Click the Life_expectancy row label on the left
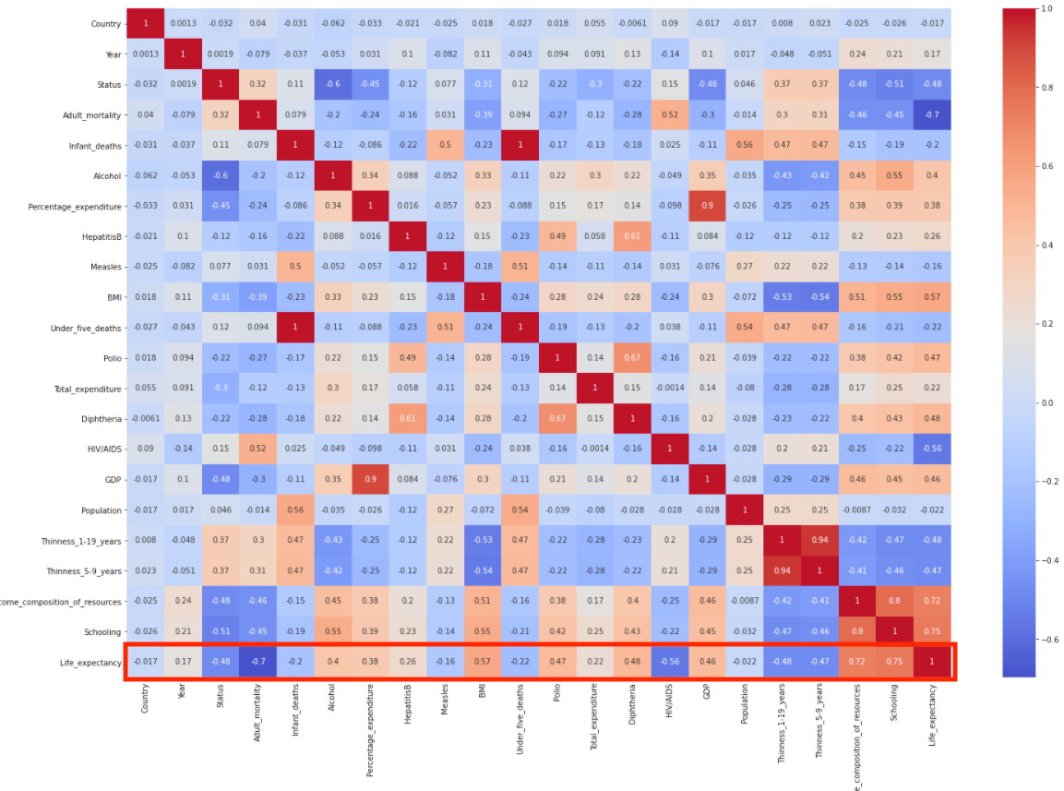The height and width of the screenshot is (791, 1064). click(x=88, y=662)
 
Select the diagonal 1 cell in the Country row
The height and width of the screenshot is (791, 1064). click(x=143, y=23)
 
